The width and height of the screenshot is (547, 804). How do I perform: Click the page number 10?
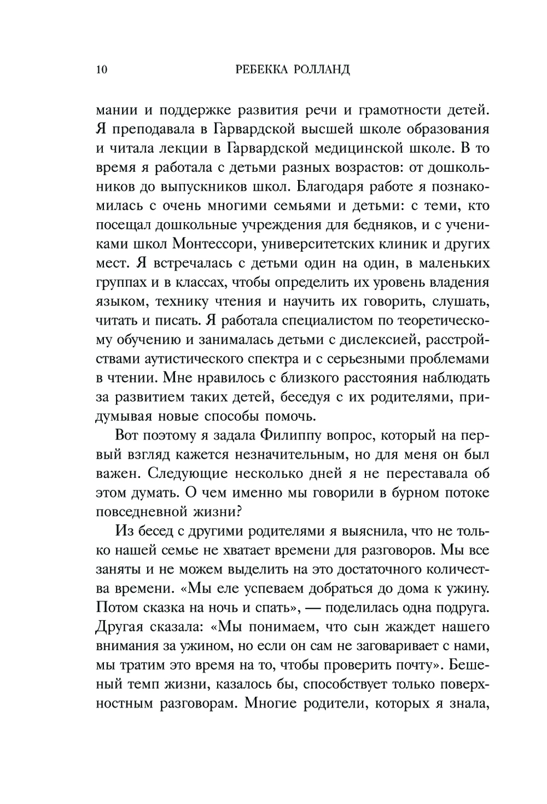[x=102, y=70]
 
